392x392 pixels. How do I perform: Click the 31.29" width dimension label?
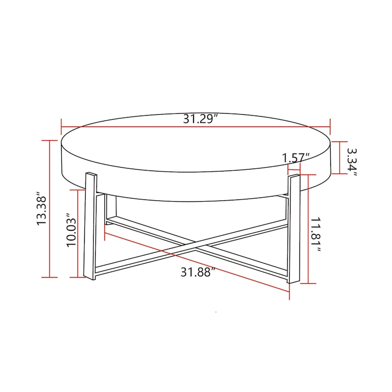click(200, 119)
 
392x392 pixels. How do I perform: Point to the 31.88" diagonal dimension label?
click(198, 272)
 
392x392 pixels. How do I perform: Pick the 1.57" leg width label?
click(296, 158)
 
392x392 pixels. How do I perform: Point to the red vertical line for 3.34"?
click(340, 157)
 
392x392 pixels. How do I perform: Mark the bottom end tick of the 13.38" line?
click(50, 278)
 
